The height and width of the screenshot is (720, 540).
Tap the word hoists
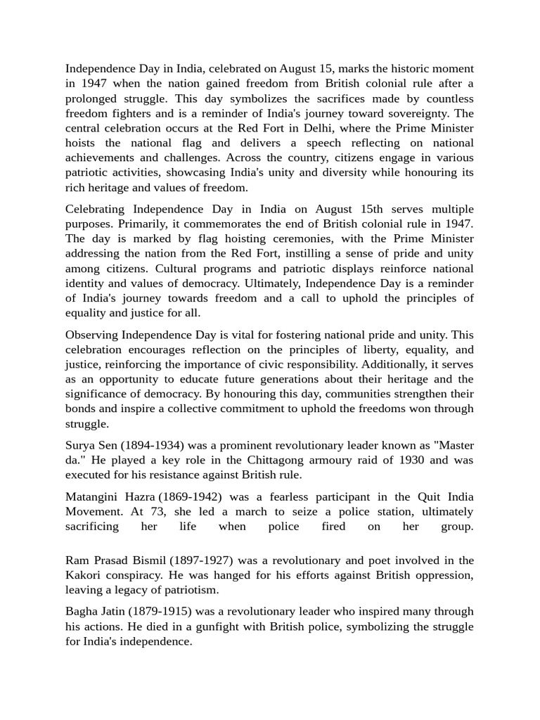point(82,143)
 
